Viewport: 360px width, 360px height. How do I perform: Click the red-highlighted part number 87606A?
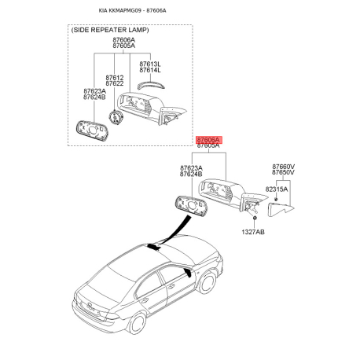point(209,138)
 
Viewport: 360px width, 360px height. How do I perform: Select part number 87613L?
point(150,64)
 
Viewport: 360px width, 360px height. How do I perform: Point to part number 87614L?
point(150,70)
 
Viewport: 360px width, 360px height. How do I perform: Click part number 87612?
point(115,77)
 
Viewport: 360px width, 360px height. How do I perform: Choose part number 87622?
point(115,83)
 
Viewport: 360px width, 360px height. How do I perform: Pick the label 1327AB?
point(252,232)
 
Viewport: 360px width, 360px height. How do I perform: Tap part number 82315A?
point(276,189)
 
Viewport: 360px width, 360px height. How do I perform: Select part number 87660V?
point(284,167)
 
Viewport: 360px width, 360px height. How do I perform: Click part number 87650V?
point(284,173)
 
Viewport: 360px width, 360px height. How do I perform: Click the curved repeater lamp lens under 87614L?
point(149,84)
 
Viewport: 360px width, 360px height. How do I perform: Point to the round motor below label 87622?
point(115,116)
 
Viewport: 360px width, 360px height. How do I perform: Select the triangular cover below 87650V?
point(281,208)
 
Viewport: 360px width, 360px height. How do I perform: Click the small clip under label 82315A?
point(275,200)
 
